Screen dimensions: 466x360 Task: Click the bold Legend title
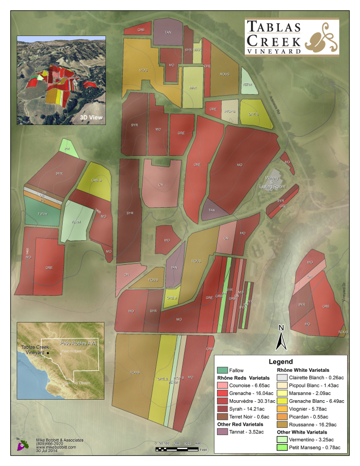[280, 362]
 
